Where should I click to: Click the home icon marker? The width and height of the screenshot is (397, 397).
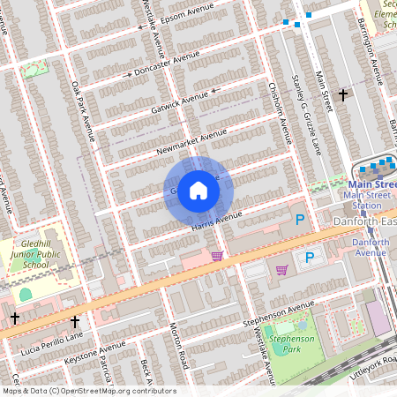[198, 190]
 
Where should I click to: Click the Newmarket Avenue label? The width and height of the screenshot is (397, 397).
[186, 139]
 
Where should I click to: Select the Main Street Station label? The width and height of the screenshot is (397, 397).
[366, 194]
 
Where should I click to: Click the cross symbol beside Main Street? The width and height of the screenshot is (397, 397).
[343, 94]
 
